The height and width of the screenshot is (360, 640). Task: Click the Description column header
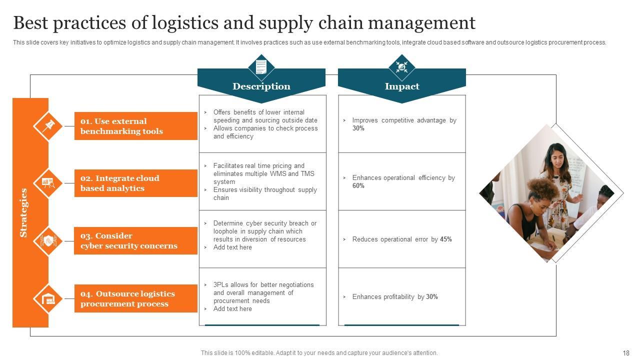[x=261, y=86]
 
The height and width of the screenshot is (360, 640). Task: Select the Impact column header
[x=401, y=86]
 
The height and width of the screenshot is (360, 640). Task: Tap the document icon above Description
[x=261, y=66]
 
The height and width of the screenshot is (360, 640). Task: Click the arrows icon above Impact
[x=401, y=66]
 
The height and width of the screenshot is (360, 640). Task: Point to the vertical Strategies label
[x=23, y=212]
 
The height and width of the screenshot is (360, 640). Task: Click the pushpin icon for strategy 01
[x=48, y=125]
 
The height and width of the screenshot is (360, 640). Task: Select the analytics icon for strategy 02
[x=48, y=183]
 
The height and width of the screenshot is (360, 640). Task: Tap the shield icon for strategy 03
[x=48, y=241]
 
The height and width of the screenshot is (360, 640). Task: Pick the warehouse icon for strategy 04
[x=48, y=299]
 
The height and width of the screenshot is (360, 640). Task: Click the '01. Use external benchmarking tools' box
[x=135, y=126]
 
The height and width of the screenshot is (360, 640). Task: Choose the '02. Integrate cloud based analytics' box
[x=135, y=183]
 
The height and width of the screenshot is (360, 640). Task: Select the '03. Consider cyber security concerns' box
[x=135, y=240]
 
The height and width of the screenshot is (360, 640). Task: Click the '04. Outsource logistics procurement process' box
[x=135, y=298]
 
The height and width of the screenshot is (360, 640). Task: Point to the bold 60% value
[x=358, y=186]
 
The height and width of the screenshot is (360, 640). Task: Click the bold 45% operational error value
[x=445, y=239]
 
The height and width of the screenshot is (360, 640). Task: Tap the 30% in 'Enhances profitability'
[x=431, y=297]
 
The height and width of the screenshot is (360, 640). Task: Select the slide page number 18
[x=626, y=353]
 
